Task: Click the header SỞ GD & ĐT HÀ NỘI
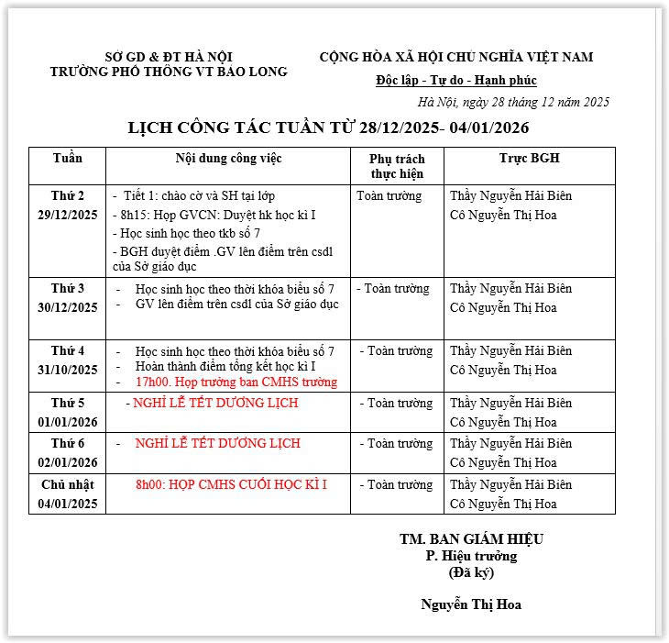pos(169,57)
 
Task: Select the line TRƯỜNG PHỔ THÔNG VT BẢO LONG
pos(169,72)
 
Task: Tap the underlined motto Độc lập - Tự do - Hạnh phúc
pos(456,80)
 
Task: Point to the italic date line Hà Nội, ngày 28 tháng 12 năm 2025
pos(513,102)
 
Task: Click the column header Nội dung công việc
pos(228,159)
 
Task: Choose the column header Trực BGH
pos(529,159)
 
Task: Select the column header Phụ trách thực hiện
pos(397,166)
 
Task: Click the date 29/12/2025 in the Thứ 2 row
pos(68,216)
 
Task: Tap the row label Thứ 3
pos(68,288)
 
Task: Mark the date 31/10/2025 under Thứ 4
pos(68,370)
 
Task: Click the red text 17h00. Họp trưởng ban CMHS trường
pos(236,382)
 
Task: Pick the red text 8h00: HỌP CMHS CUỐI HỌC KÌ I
pos(231,484)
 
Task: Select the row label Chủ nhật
pos(68,484)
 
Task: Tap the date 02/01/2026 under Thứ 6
pos(68,462)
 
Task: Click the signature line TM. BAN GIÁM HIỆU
pos(471,539)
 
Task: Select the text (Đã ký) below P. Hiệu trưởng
pos(471,572)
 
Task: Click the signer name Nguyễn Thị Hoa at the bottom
pos(471,604)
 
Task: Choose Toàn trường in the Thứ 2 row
pos(389,195)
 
